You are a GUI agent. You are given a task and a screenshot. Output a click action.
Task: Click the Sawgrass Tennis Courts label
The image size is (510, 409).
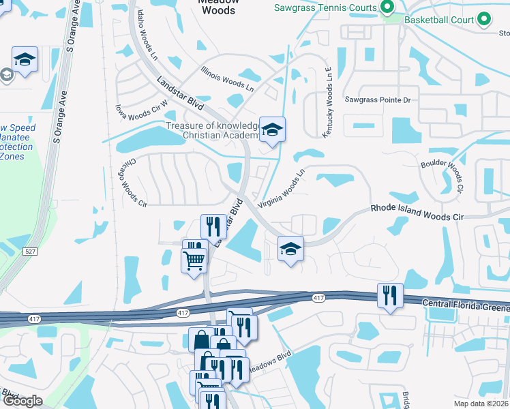click(x=325, y=7)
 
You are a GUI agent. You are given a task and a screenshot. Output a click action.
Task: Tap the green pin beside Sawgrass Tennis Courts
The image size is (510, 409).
click(x=388, y=8)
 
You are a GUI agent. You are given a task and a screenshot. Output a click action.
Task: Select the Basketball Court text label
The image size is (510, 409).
click(x=439, y=20)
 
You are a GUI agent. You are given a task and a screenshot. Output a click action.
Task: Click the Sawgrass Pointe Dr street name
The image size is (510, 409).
click(x=377, y=100)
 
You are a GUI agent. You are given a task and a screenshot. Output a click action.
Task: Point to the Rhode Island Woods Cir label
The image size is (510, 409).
click(x=417, y=212)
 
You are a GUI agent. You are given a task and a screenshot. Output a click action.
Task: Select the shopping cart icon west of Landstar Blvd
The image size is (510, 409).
click(x=194, y=260)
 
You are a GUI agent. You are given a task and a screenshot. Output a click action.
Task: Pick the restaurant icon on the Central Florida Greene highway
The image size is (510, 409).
click(x=390, y=295)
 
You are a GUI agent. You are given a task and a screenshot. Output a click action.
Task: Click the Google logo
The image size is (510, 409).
click(x=22, y=401)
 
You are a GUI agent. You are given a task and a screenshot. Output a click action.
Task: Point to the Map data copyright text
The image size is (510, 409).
click(x=481, y=404)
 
